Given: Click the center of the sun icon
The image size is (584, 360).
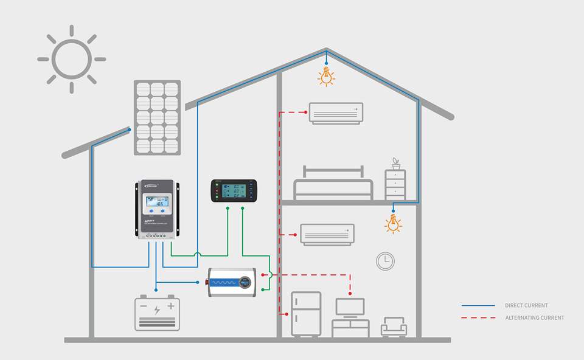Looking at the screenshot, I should pos(72,59).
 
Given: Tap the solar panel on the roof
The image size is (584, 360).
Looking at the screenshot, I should pos(157,117).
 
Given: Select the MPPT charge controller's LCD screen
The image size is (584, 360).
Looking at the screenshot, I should pos(157,202).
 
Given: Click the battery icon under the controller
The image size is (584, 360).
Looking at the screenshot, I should pos(157,313).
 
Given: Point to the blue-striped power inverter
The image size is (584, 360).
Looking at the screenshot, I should pos(231,282).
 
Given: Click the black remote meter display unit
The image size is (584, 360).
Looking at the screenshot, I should pos(234,191).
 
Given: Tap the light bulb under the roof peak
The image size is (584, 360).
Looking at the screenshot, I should pos(327,77).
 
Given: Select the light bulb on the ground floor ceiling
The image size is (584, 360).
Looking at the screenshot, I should pos(394,224).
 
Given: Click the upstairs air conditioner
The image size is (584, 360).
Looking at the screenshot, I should pos(336,113).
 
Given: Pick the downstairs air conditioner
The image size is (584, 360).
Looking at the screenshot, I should pos(327,234).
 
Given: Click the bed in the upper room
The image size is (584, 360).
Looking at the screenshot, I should pos(333,184).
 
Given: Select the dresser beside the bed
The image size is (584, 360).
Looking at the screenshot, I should pos(395,184).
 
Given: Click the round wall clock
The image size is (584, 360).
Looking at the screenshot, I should pos(385,261).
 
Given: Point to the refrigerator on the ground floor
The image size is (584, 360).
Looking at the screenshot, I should pos(305,314).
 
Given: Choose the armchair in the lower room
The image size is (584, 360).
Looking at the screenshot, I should pos(394,327).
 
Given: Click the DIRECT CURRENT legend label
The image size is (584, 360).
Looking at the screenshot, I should pos(526,305).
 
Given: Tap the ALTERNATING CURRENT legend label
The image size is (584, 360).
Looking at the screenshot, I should pos(534,317).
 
